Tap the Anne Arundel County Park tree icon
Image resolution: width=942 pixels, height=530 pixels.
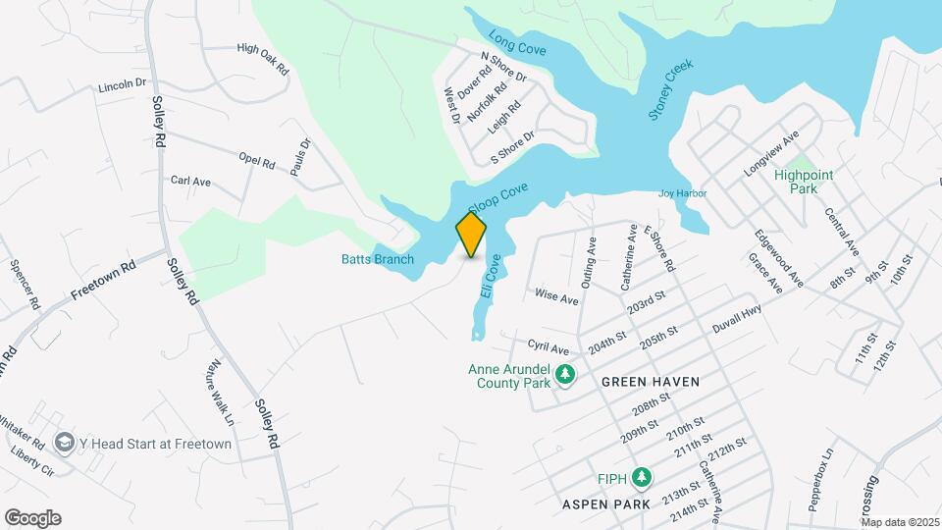coord(564,374)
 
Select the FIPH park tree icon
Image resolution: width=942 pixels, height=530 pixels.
coord(642,478)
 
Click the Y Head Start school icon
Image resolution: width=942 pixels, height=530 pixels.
coord(66,443)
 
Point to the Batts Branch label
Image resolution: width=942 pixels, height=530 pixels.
coord(378,259)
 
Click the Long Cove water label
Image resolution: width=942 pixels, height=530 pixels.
coord(517,43)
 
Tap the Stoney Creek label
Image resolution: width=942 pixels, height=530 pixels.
coord(670,89)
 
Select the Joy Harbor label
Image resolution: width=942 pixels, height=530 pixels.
coord(682,193)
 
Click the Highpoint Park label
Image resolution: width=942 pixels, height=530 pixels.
coord(803,182)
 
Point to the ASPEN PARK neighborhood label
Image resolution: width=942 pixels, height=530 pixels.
coord(606,503)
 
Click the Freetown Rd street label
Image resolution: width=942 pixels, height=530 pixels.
coord(101,281)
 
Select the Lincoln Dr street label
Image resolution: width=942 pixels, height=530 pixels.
coord(122,86)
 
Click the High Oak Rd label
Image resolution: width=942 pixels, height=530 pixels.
coord(263,59)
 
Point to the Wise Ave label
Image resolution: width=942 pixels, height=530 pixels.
coord(556,296)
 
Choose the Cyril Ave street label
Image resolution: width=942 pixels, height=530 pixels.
coord(549,348)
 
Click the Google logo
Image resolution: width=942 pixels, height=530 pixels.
coord(32,518)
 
